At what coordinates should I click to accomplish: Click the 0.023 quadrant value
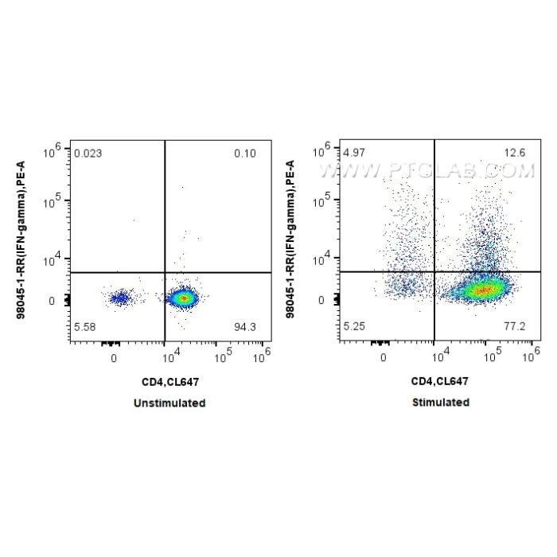coord(88,152)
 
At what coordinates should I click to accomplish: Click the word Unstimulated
coord(170,403)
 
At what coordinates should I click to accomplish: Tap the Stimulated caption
coord(440,403)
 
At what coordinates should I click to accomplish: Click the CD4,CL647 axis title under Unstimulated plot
coord(170,383)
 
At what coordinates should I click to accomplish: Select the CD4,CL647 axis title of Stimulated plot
coord(440,383)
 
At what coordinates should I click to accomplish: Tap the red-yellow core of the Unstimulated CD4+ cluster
coord(183,298)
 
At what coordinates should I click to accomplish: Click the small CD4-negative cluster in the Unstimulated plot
coord(119,298)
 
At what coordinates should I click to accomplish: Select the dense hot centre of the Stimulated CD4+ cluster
coord(481,290)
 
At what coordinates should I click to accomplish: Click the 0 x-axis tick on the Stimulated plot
coord(384,359)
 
